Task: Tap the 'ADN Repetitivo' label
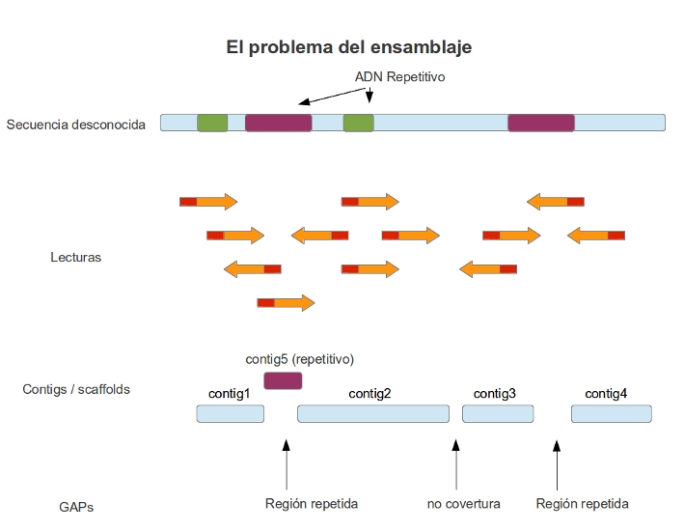point(400,76)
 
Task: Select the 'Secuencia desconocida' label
point(76,125)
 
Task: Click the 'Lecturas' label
point(75,258)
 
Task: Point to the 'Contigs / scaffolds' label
point(76,389)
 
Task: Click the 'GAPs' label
point(76,507)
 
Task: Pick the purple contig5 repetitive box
point(283,380)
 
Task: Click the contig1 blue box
point(231,413)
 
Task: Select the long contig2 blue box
point(373,413)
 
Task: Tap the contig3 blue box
point(498,413)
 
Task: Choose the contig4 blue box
point(611,413)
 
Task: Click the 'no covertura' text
point(463,504)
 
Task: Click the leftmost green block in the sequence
point(212,123)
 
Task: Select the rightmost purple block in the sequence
point(541,123)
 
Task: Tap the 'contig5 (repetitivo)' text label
point(300,359)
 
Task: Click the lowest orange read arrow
point(286,302)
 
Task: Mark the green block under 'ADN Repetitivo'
point(358,123)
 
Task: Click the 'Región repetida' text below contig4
point(582,504)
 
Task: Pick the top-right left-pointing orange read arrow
point(556,201)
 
